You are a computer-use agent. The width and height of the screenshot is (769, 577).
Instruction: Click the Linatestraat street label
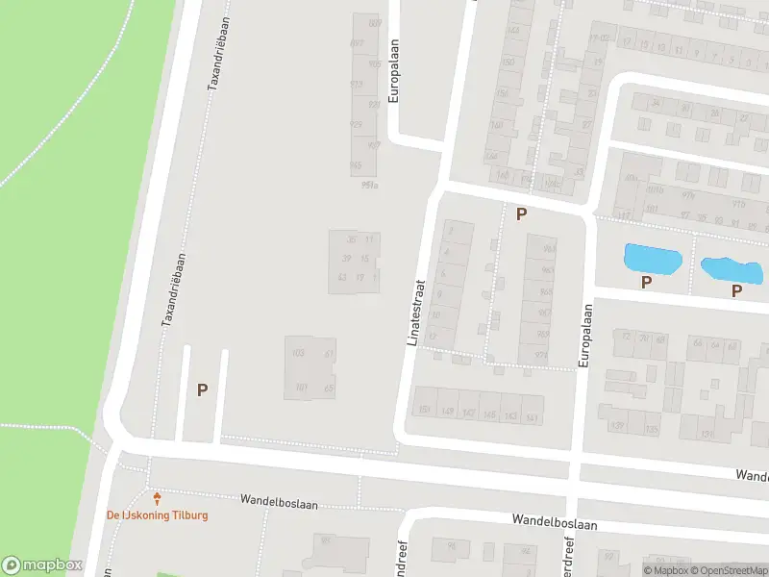pos(415,314)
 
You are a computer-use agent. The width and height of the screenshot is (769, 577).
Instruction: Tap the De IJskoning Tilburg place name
pos(157,514)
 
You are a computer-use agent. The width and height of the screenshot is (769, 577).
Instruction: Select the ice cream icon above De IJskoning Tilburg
pos(158,497)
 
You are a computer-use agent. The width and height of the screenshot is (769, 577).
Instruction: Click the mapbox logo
pos(41,565)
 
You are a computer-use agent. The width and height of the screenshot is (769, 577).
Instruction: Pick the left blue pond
pos(653,257)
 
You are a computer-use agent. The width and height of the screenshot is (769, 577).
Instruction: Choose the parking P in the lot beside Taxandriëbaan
pos(202,389)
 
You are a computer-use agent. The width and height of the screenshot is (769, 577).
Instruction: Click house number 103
pos(298,354)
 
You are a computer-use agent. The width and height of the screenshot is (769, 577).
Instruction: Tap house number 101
pos(300,389)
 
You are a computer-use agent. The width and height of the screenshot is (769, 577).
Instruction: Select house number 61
pos(329,354)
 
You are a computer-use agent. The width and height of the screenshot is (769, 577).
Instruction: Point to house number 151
pos(423,412)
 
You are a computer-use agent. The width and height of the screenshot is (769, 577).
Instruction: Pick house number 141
pos(532,416)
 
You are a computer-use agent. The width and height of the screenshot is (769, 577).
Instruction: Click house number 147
pos(468,414)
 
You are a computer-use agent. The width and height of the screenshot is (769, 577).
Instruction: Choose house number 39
pos(346,258)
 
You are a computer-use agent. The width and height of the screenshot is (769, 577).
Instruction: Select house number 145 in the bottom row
pos(489,415)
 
